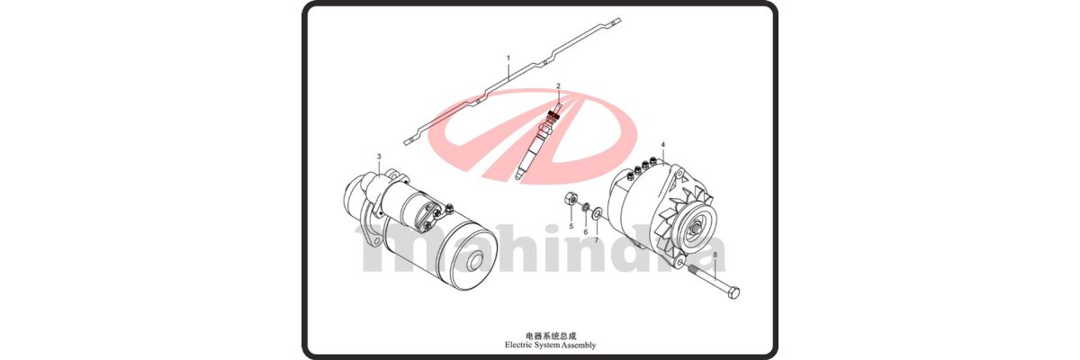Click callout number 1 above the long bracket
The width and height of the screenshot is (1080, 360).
click(508, 58)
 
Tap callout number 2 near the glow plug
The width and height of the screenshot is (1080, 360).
click(558, 86)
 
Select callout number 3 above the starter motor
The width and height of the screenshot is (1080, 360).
click(379, 157)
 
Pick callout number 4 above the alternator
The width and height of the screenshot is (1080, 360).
click(663, 145)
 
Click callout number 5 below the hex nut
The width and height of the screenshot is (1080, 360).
click(571, 226)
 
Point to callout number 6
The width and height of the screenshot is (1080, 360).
click(586, 232)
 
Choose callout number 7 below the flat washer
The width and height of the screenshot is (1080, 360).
click(597, 240)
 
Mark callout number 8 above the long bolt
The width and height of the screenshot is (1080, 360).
click(715, 254)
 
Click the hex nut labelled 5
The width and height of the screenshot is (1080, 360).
click(570, 199)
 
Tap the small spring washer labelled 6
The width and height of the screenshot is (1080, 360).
click(585, 207)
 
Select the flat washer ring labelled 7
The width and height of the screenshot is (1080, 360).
click(597, 212)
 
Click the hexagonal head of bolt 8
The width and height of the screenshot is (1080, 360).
click(733, 293)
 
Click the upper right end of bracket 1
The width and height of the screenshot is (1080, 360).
click(617, 21)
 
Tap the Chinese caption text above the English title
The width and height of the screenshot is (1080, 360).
click(551, 336)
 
